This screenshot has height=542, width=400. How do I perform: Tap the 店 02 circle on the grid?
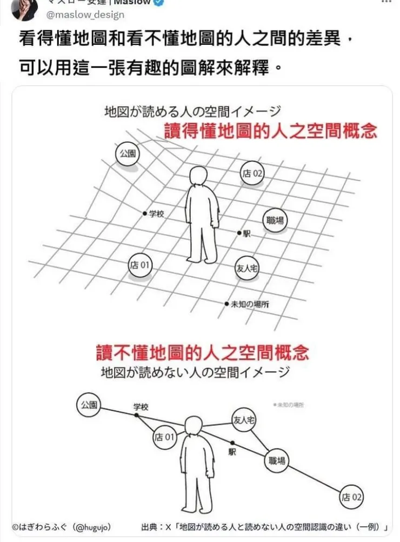(252, 173)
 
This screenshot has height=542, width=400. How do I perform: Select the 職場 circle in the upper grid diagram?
(276, 220)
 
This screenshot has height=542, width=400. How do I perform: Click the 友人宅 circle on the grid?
(247, 268)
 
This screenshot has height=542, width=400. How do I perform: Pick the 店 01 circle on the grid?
(139, 265)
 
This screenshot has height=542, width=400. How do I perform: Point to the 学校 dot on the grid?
(145, 213)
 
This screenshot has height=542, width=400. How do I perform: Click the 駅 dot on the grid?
(239, 233)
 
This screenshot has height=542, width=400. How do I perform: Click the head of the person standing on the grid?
(200, 177)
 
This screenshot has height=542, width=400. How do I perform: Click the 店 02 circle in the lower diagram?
(351, 497)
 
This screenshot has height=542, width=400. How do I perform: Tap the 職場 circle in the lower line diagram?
(277, 461)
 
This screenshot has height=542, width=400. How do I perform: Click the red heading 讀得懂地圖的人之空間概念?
(270, 131)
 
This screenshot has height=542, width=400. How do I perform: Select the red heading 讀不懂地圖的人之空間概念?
(202, 352)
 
